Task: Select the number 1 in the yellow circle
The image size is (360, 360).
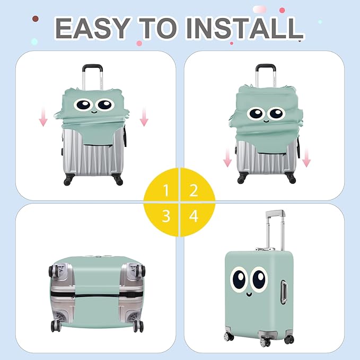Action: click(x=166, y=190)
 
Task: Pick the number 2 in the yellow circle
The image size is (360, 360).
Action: click(x=194, y=190)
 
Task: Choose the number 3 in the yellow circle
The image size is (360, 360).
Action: click(x=166, y=216)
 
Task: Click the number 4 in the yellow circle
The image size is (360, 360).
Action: click(x=194, y=216)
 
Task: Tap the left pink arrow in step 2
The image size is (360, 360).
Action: click(x=227, y=157)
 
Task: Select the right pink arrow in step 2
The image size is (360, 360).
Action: click(x=306, y=157)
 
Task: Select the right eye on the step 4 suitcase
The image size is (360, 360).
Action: click(x=259, y=280)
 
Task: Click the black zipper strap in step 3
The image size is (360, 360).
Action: click(x=95, y=292)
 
